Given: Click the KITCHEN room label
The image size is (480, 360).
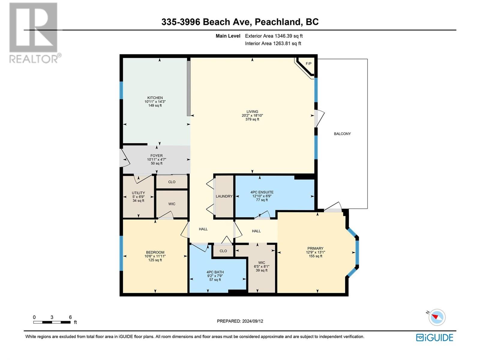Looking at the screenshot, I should (155, 98).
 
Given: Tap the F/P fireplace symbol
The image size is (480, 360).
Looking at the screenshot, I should (308, 64).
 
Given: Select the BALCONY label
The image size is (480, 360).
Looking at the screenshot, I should (342, 134).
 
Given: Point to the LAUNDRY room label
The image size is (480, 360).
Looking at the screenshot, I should (224, 196).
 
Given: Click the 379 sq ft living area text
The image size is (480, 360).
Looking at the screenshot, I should (252, 119).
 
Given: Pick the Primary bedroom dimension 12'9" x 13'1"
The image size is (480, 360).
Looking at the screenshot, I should (315, 252).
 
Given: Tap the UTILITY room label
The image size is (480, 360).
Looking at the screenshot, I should (138, 193).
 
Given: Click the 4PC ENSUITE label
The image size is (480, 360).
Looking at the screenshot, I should (262, 192).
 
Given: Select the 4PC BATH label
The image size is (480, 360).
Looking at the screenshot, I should (215, 272).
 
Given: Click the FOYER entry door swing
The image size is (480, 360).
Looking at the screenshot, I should (124, 158).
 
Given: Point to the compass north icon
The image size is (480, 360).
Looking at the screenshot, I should (437, 317).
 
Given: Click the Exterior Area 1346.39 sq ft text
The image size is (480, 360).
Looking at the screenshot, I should (274, 36).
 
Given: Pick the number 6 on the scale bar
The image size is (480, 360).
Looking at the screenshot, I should (70, 317).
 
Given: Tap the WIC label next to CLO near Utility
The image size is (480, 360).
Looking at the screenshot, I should (172, 204).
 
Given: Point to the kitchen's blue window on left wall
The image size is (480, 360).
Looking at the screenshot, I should (121, 90).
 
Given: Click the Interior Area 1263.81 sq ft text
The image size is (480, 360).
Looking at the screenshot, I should (273, 43).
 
